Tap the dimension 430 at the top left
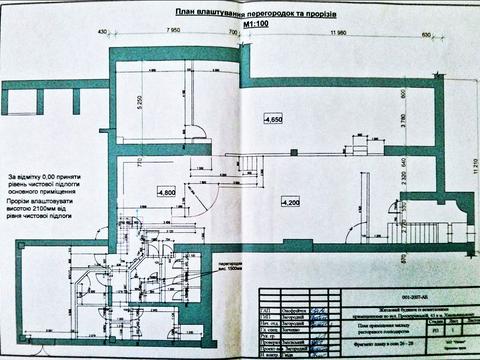(x=102, y=33)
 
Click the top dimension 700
(x=234, y=33)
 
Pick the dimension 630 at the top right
(x=427, y=33)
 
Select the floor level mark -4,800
(x=166, y=190)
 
